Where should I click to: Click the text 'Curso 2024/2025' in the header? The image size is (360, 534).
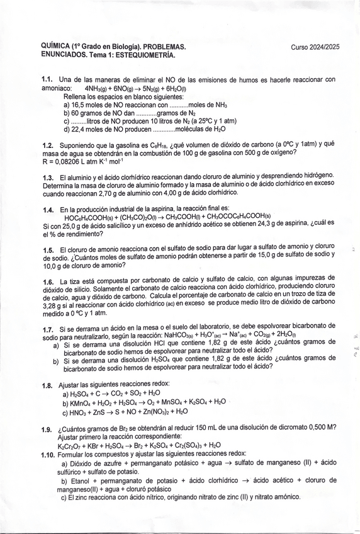click(315, 47)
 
